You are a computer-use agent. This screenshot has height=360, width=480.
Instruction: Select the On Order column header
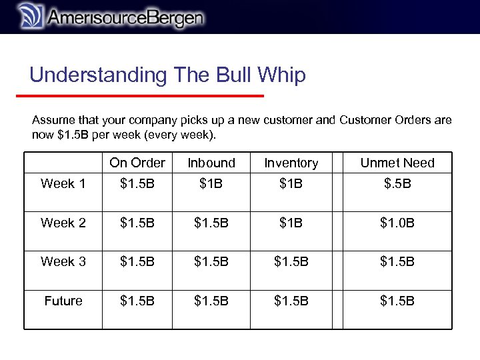pyautogui.click(x=137, y=163)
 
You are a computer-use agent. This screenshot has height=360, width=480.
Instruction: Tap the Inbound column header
pyautogui.click(x=211, y=163)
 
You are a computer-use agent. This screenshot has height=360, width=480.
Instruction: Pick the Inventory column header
pyautogui.click(x=291, y=163)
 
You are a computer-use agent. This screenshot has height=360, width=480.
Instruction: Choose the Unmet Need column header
pyautogui.click(x=397, y=163)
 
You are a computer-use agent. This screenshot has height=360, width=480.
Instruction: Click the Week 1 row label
pyautogui.click(x=63, y=183)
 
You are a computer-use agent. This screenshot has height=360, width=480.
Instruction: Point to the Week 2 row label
pyautogui.click(x=63, y=223)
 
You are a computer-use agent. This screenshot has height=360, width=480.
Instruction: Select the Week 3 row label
pyautogui.click(x=63, y=261)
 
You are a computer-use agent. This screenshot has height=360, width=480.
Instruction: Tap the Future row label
pyautogui.click(x=63, y=301)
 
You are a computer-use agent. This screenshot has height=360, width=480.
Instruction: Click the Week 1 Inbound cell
pyautogui.click(x=211, y=183)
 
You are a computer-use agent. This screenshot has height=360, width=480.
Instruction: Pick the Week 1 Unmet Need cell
pyautogui.click(x=397, y=183)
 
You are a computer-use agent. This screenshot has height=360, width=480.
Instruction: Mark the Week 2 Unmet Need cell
pyautogui.click(x=397, y=223)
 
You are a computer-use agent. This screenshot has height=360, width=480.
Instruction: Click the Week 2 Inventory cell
pyautogui.click(x=291, y=223)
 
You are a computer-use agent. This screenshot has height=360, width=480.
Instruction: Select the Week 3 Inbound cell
pyautogui.click(x=211, y=261)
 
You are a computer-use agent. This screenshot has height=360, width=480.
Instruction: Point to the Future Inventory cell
pyautogui.click(x=291, y=301)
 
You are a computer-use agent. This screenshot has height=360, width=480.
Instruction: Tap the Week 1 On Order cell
pyautogui.click(x=137, y=183)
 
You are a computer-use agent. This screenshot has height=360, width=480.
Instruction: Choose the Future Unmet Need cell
pyautogui.click(x=397, y=301)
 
